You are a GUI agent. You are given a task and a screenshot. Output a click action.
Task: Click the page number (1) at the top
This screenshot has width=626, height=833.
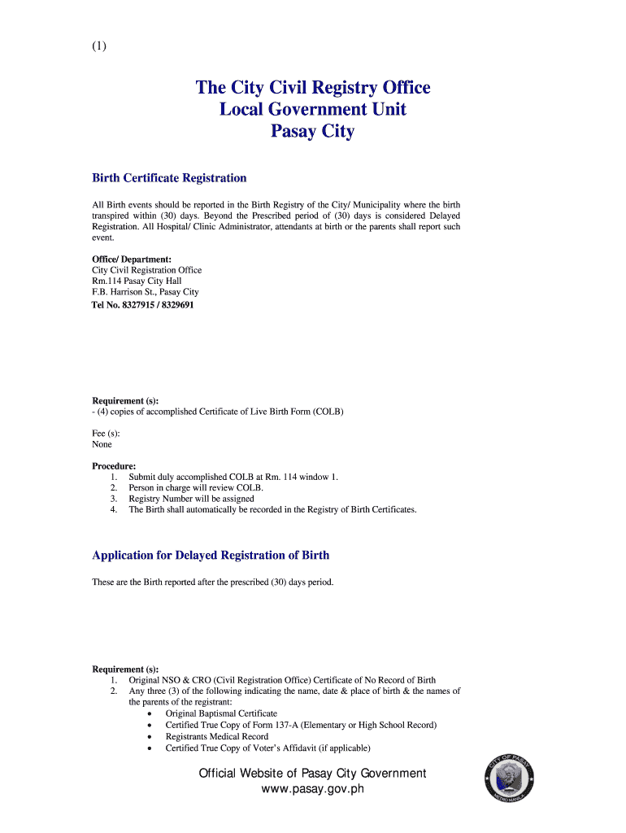coord(99,46)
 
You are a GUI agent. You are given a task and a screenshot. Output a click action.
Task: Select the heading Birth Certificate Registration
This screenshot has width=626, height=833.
coord(169,177)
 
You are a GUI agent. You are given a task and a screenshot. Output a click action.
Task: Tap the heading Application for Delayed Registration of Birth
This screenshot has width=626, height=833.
coord(211,555)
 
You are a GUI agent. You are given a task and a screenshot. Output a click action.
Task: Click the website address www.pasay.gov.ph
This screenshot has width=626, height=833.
coord(312,790)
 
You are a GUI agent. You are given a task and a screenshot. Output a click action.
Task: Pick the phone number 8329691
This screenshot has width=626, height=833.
coord(178,305)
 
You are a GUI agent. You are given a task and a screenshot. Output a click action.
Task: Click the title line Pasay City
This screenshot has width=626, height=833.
coord(312,131)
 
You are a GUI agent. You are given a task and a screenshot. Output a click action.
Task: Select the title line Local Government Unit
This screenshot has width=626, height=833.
coord(312,109)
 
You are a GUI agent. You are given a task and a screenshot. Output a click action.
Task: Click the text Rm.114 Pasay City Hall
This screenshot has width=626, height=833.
coord(136,281)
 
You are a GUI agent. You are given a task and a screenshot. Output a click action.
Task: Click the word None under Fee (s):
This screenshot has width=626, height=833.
coord(102,444)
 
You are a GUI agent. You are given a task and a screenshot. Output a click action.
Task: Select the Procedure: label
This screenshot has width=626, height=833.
coord(114,466)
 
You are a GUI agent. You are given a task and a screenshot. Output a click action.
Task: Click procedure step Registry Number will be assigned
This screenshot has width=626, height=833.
coord(191,499)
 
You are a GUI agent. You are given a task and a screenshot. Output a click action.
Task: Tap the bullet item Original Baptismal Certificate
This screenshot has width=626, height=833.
coord(221,713)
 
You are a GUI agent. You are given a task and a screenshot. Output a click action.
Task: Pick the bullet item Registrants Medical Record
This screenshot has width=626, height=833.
coord(216,736)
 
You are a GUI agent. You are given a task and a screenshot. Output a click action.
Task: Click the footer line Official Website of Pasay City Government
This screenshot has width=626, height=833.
coord(312,773)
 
